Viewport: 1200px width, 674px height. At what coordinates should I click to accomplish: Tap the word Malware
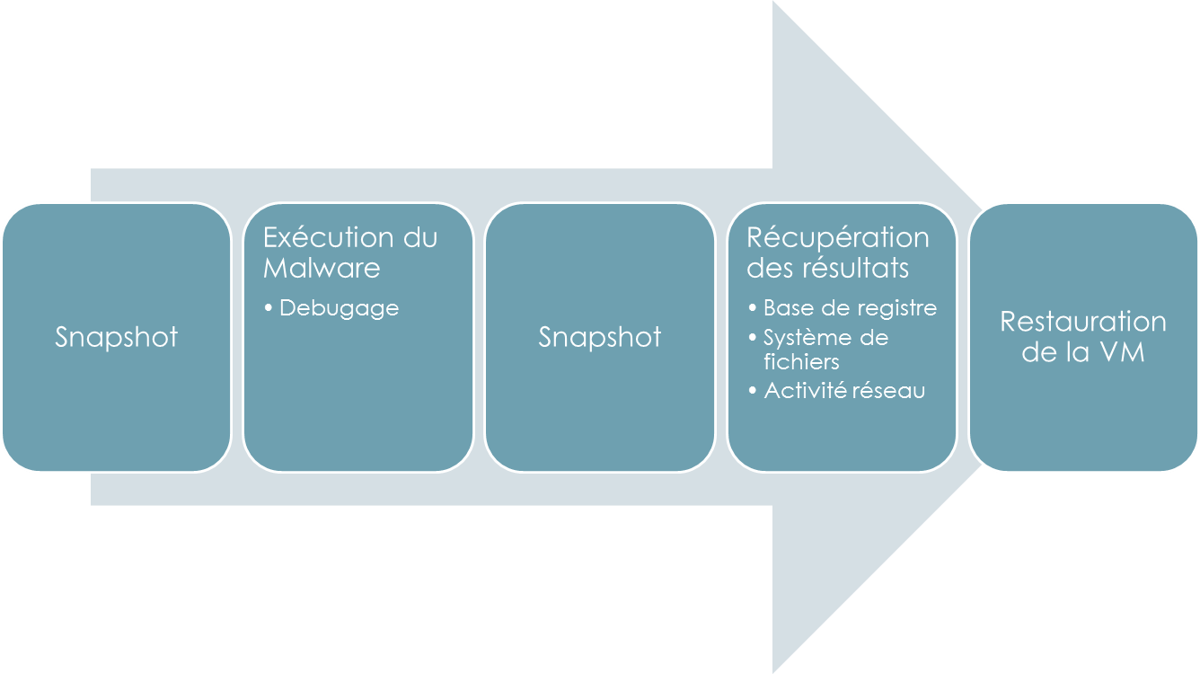[x=322, y=268]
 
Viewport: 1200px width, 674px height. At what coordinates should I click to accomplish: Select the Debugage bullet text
[x=339, y=308]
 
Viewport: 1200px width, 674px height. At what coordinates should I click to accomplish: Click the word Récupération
[x=838, y=237]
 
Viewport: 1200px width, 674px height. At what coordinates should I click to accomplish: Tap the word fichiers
[x=801, y=361]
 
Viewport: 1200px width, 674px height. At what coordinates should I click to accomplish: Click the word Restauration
[x=1083, y=322]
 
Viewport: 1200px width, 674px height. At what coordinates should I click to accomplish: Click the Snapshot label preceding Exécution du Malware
[x=117, y=337]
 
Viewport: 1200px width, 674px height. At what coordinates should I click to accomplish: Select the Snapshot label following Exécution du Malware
[x=600, y=337]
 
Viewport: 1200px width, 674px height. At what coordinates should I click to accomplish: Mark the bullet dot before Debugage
[x=269, y=309]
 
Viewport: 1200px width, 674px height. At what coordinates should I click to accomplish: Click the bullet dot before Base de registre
[x=753, y=309]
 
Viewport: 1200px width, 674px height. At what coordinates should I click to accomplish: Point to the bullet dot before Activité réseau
[x=753, y=392]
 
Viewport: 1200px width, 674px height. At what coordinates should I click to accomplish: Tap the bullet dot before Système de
[x=753, y=339]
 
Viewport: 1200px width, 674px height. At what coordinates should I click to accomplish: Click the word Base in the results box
[x=785, y=308]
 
